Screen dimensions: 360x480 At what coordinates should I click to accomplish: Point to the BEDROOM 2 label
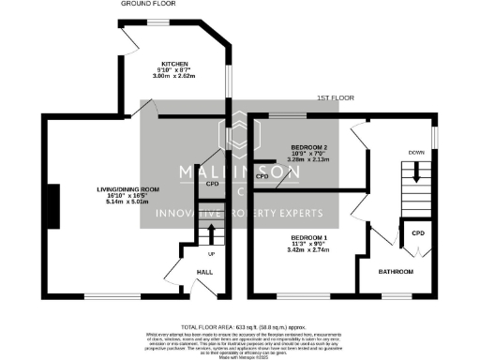pyautogui.click(x=308, y=148)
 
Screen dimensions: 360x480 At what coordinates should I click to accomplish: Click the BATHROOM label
pyautogui.click(x=395, y=272)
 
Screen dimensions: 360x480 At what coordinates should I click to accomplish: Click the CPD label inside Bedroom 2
pyautogui.click(x=262, y=175)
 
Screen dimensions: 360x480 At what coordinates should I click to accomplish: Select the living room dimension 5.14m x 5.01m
pyautogui.click(x=128, y=202)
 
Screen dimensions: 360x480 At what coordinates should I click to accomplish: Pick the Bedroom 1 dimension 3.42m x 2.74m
pyautogui.click(x=308, y=252)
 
